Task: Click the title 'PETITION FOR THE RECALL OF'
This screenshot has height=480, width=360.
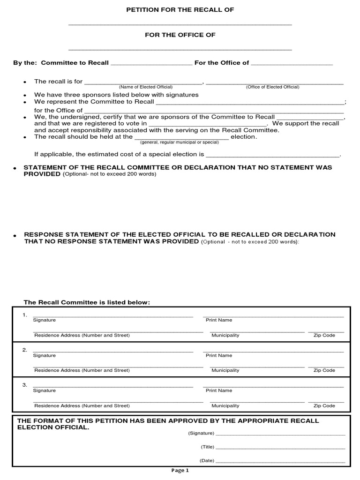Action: tap(180, 9)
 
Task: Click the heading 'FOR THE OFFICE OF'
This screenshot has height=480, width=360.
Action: tap(180, 35)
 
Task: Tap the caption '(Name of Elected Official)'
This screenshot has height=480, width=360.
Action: tap(145, 87)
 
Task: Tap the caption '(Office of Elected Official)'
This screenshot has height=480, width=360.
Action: tap(272, 87)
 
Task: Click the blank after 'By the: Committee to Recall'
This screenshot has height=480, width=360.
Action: tap(151, 63)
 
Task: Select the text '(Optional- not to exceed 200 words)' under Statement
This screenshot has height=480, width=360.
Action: tap(110, 174)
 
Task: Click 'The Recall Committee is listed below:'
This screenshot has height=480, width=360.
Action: tap(87, 302)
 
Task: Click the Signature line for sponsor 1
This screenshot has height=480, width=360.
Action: tap(112, 315)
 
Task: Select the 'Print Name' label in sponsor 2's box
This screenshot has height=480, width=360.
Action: tap(219, 355)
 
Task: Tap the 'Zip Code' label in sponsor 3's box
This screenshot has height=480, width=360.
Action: tap(324, 405)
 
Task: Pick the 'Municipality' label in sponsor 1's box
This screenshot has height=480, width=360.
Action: tap(225, 335)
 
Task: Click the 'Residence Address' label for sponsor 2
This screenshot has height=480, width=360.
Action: tap(82, 370)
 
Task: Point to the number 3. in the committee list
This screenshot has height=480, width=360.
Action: tap(25, 385)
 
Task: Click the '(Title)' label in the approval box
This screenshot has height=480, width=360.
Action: tap(208, 447)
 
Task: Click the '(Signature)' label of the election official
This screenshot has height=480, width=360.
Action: tap(201, 433)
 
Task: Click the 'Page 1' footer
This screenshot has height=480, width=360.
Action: tap(180, 471)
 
